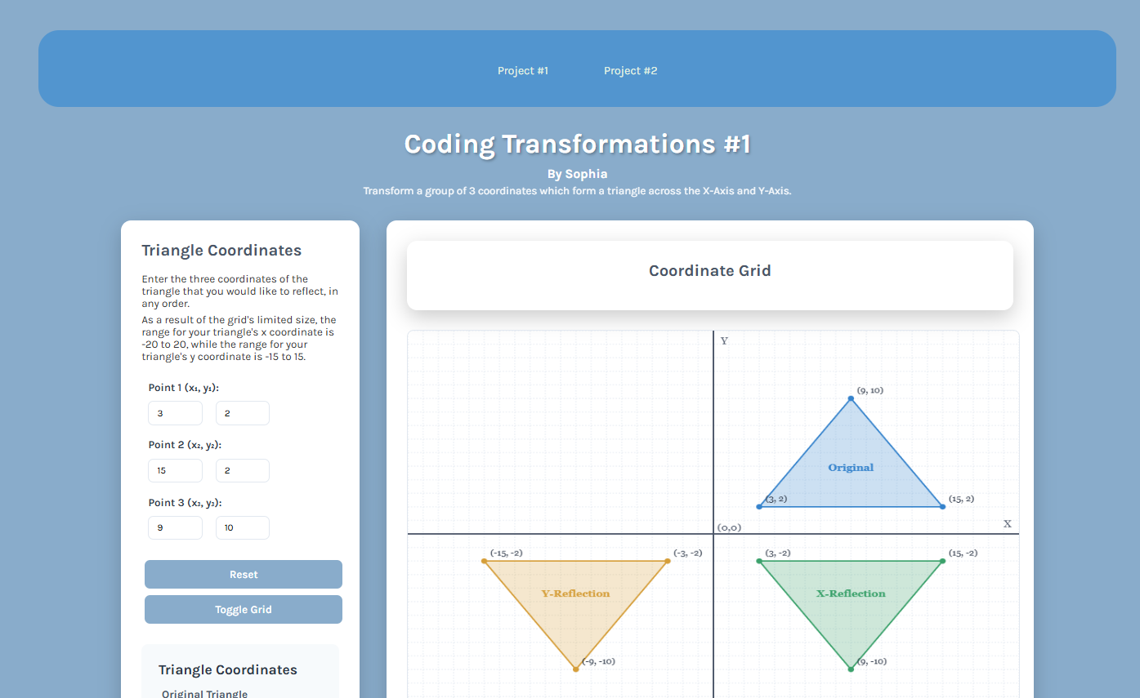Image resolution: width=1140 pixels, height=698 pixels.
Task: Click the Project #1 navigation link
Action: [523, 71]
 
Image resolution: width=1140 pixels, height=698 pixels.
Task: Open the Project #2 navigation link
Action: [630, 71]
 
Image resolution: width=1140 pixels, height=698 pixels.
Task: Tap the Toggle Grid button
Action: [244, 609]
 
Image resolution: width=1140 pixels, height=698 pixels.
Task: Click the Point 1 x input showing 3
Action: [175, 413]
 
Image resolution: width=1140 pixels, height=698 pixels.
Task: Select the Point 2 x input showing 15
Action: [175, 470]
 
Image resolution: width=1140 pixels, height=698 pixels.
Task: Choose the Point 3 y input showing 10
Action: [242, 527]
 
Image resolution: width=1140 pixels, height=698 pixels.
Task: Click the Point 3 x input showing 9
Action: [175, 527]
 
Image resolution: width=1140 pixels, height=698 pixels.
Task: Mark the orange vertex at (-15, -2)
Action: [484, 561]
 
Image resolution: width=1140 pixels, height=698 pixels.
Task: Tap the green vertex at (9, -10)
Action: [851, 669]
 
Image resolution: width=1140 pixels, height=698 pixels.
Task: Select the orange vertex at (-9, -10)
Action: [575, 669]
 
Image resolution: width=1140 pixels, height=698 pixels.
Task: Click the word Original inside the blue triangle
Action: [851, 467]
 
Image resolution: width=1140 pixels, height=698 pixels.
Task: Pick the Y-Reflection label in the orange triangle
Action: [575, 594]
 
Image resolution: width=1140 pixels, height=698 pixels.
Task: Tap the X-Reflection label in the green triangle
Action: [851, 594]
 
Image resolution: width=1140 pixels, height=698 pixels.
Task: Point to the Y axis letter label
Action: [724, 340]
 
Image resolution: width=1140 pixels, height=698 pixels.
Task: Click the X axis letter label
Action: [1007, 523]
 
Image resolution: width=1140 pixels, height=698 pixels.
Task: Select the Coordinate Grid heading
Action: [710, 270]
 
